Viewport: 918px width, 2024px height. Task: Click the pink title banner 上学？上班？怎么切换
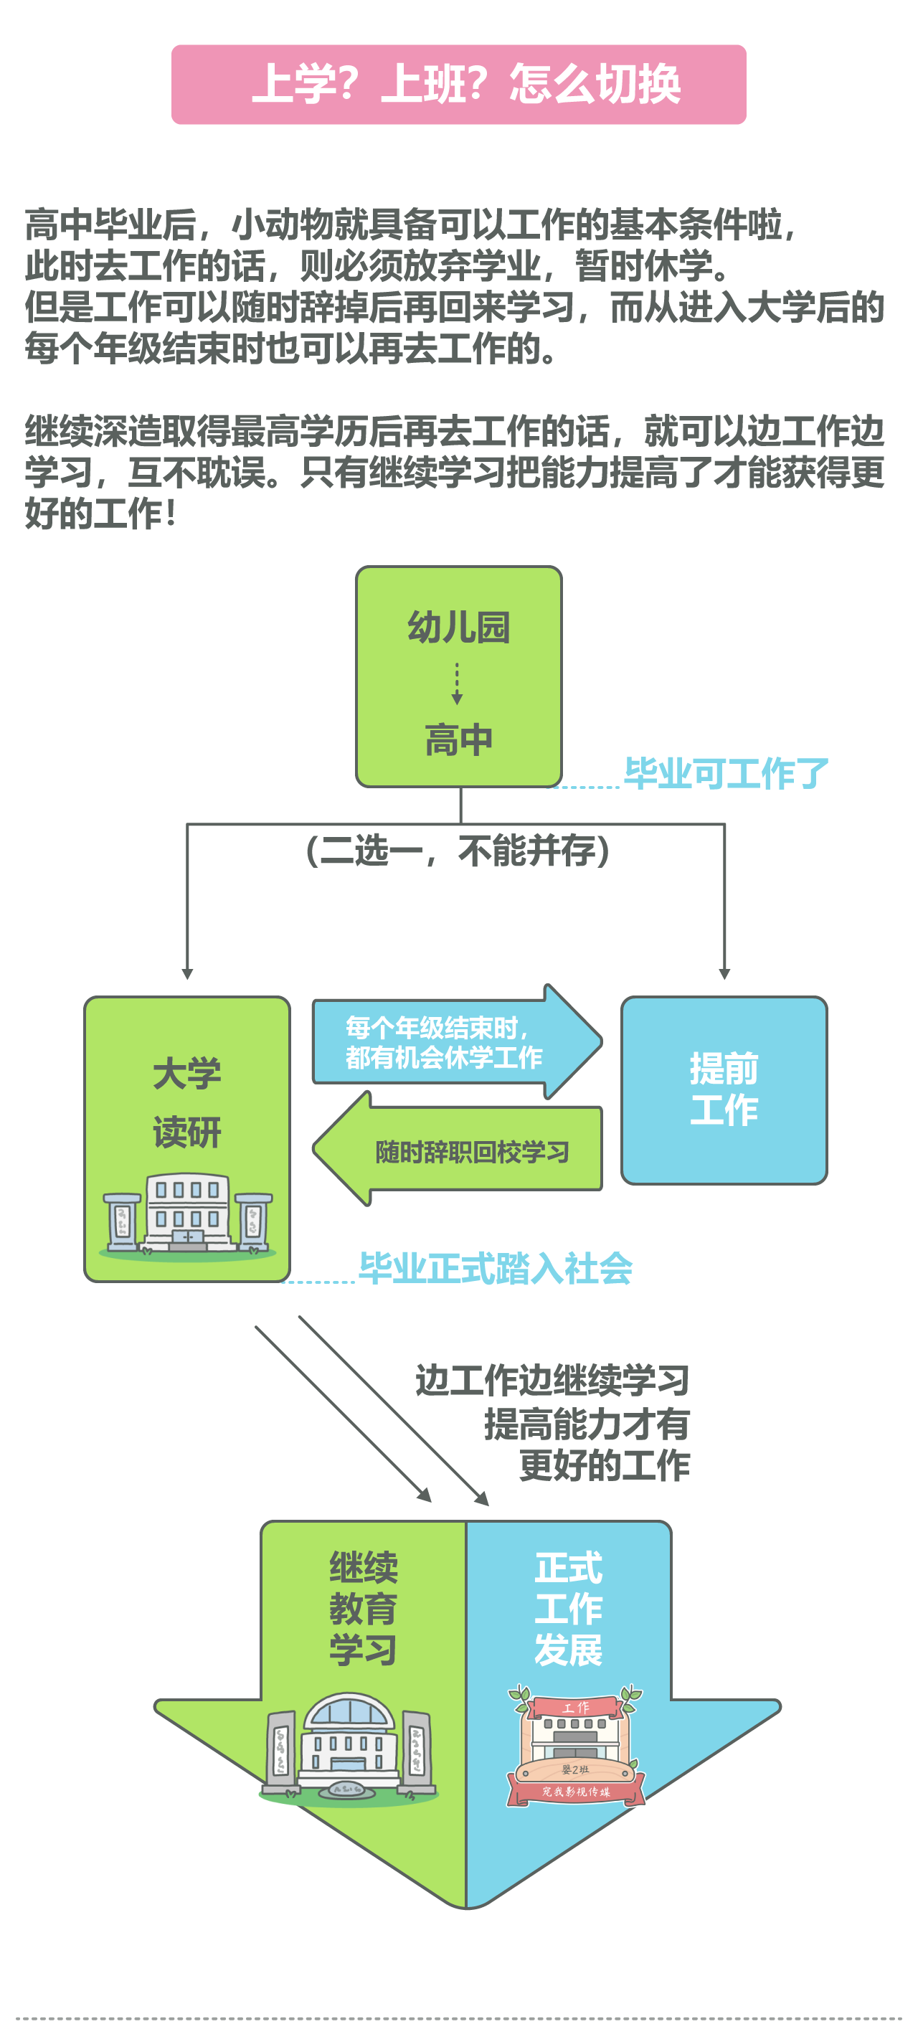458,84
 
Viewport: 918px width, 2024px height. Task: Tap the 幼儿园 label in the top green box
458,627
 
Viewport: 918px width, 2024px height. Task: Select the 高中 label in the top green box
458,739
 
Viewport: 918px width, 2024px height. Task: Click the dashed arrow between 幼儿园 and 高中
458,684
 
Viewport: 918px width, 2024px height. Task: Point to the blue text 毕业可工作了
727,774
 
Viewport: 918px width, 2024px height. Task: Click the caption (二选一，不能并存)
458,850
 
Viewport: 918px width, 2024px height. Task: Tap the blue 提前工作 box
724,1089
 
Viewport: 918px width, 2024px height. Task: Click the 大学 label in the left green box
187,1072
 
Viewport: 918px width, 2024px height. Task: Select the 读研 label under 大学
187,1132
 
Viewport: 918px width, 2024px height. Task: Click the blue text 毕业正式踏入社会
495,1268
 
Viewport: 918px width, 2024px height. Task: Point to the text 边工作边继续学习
552,1381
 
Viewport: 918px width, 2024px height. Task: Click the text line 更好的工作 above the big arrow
604,1465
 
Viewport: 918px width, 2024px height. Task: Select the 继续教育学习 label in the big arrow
363,1608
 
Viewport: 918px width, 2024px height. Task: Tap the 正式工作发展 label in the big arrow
568,1608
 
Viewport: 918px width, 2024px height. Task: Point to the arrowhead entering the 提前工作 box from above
724,974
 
